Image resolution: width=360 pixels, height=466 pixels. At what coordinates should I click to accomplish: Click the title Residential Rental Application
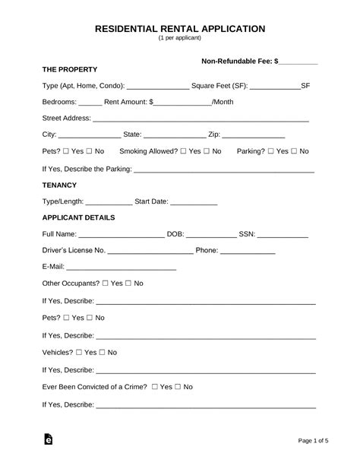(x=180, y=28)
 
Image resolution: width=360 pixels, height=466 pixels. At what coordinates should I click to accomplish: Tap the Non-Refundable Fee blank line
(x=298, y=62)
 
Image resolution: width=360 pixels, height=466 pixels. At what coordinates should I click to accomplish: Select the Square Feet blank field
(x=275, y=87)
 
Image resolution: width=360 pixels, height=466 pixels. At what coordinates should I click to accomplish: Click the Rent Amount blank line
(x=183, y=102)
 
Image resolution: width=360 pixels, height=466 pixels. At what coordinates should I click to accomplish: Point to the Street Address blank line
(x=201, y=119)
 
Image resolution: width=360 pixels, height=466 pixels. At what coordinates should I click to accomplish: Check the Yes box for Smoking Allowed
(x=185, y=151)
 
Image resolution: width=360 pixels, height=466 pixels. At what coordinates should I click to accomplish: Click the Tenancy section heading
(x=60, y=185)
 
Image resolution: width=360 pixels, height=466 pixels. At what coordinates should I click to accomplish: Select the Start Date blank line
(x=194, y=202)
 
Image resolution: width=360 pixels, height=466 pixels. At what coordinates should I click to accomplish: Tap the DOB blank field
(x=210, y=235)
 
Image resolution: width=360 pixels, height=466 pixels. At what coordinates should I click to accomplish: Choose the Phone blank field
(x=248, y=251)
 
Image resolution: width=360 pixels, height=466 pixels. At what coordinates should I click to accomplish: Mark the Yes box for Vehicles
(x=79, y=353)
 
